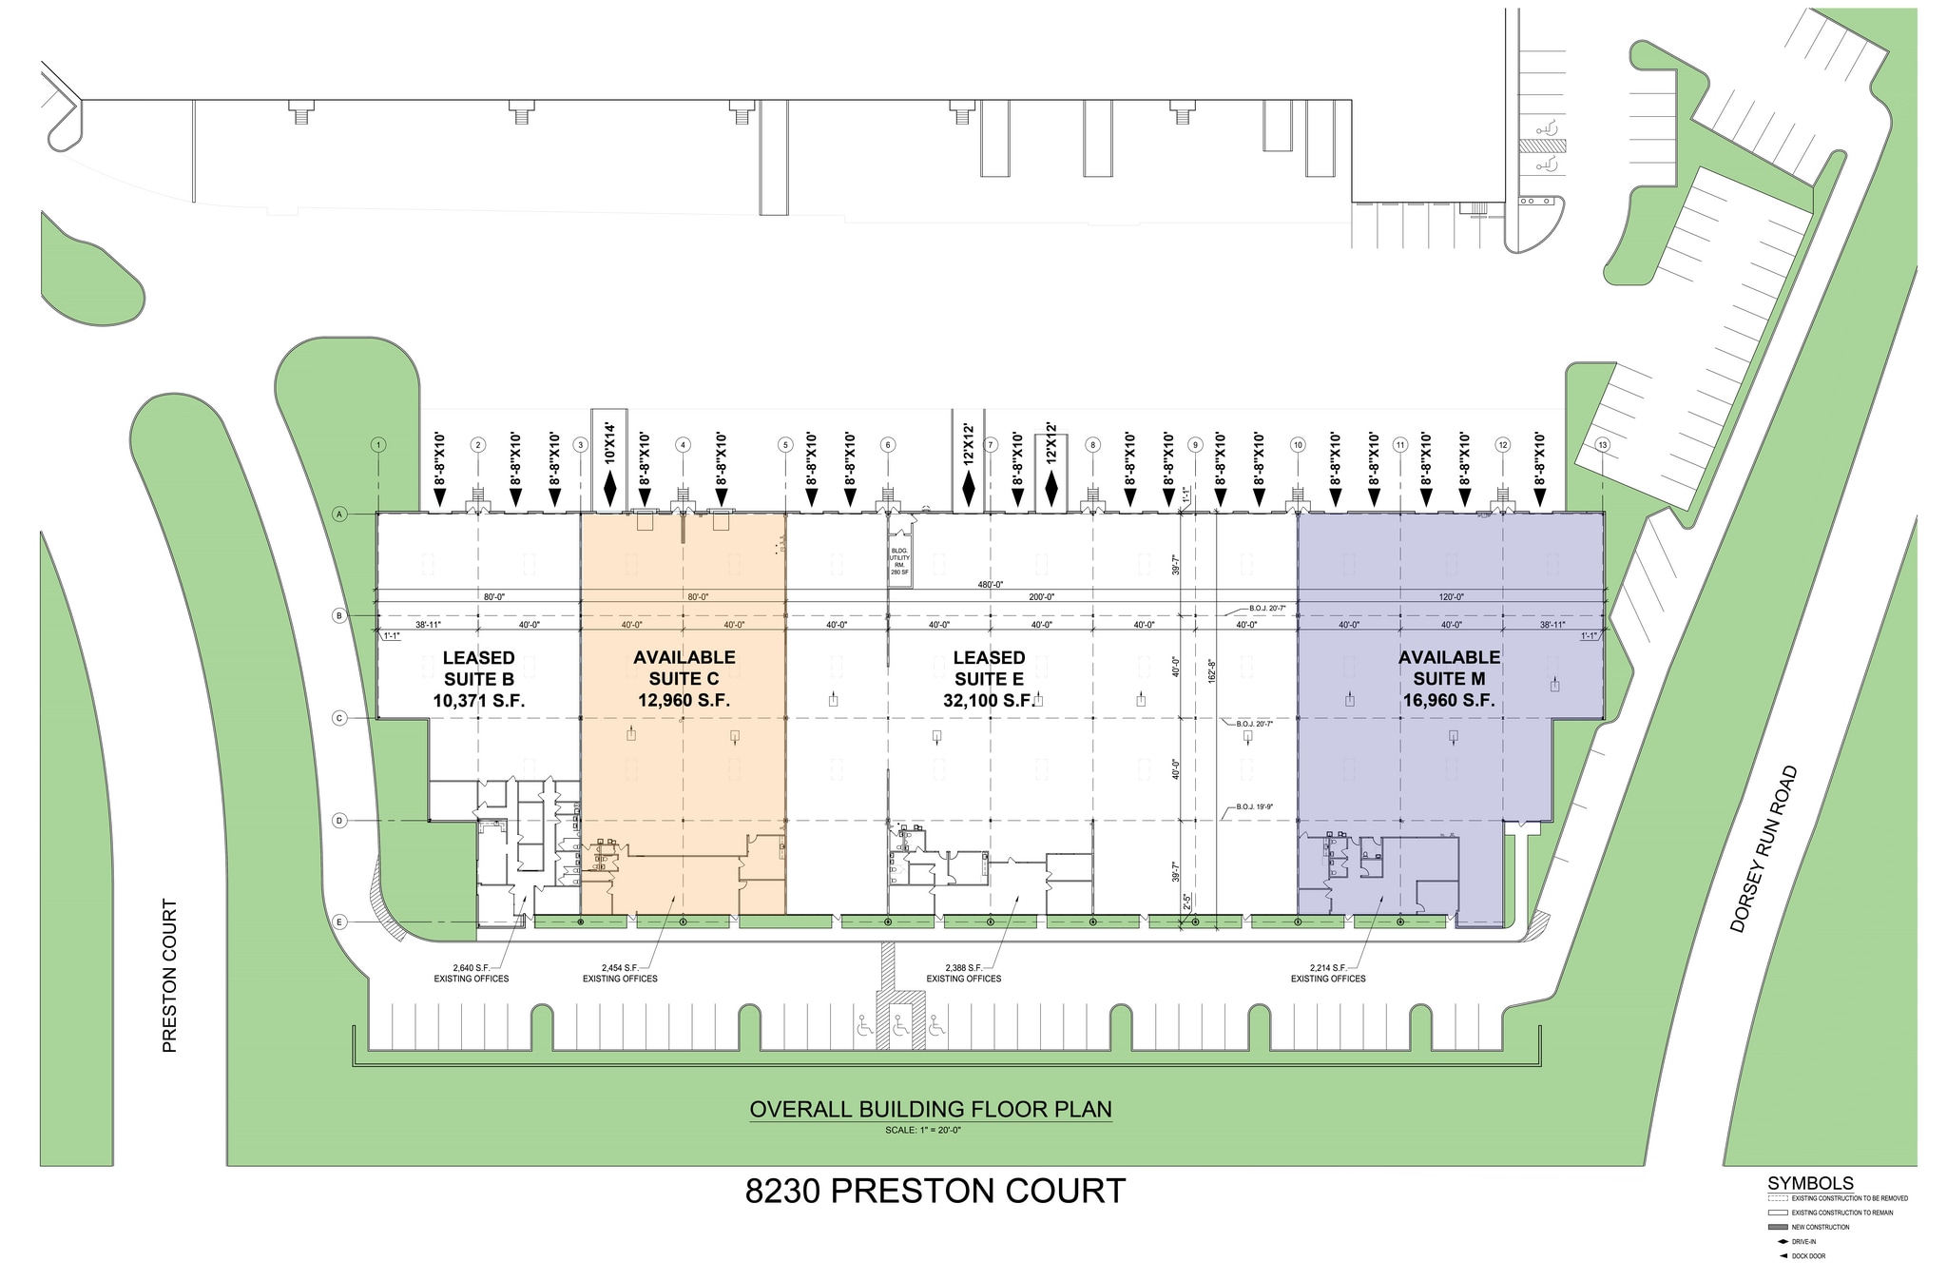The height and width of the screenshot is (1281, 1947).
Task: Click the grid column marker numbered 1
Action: point(378,445)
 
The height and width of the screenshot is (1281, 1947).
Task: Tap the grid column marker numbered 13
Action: point(1603,445)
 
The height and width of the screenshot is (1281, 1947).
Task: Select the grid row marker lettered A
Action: point(339,514)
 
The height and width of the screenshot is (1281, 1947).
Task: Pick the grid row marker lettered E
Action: point(339,922)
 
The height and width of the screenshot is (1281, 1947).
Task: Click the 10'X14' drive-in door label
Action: point(610,443)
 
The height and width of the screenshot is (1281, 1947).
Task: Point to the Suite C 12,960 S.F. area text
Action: point(684,701)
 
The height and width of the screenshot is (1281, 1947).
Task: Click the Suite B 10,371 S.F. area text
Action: point(479,701)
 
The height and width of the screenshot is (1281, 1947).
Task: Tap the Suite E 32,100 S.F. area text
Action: point(989,701)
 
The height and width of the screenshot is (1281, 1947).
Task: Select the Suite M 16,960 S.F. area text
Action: point(1449,701)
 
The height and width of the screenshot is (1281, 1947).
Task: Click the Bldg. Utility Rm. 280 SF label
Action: point(899,561)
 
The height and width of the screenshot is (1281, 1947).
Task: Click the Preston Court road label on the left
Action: point(170,976)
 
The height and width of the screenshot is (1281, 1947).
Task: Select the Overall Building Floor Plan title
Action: point(931,1109)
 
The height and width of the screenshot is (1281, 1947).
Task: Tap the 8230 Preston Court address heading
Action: point(935,1192)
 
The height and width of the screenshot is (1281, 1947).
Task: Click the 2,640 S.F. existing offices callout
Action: point(472,973)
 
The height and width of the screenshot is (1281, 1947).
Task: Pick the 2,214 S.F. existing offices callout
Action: point(1328,973)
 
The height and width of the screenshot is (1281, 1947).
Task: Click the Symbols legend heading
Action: point(1810,1183)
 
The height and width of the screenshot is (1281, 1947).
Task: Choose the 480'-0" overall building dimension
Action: point(990,585)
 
